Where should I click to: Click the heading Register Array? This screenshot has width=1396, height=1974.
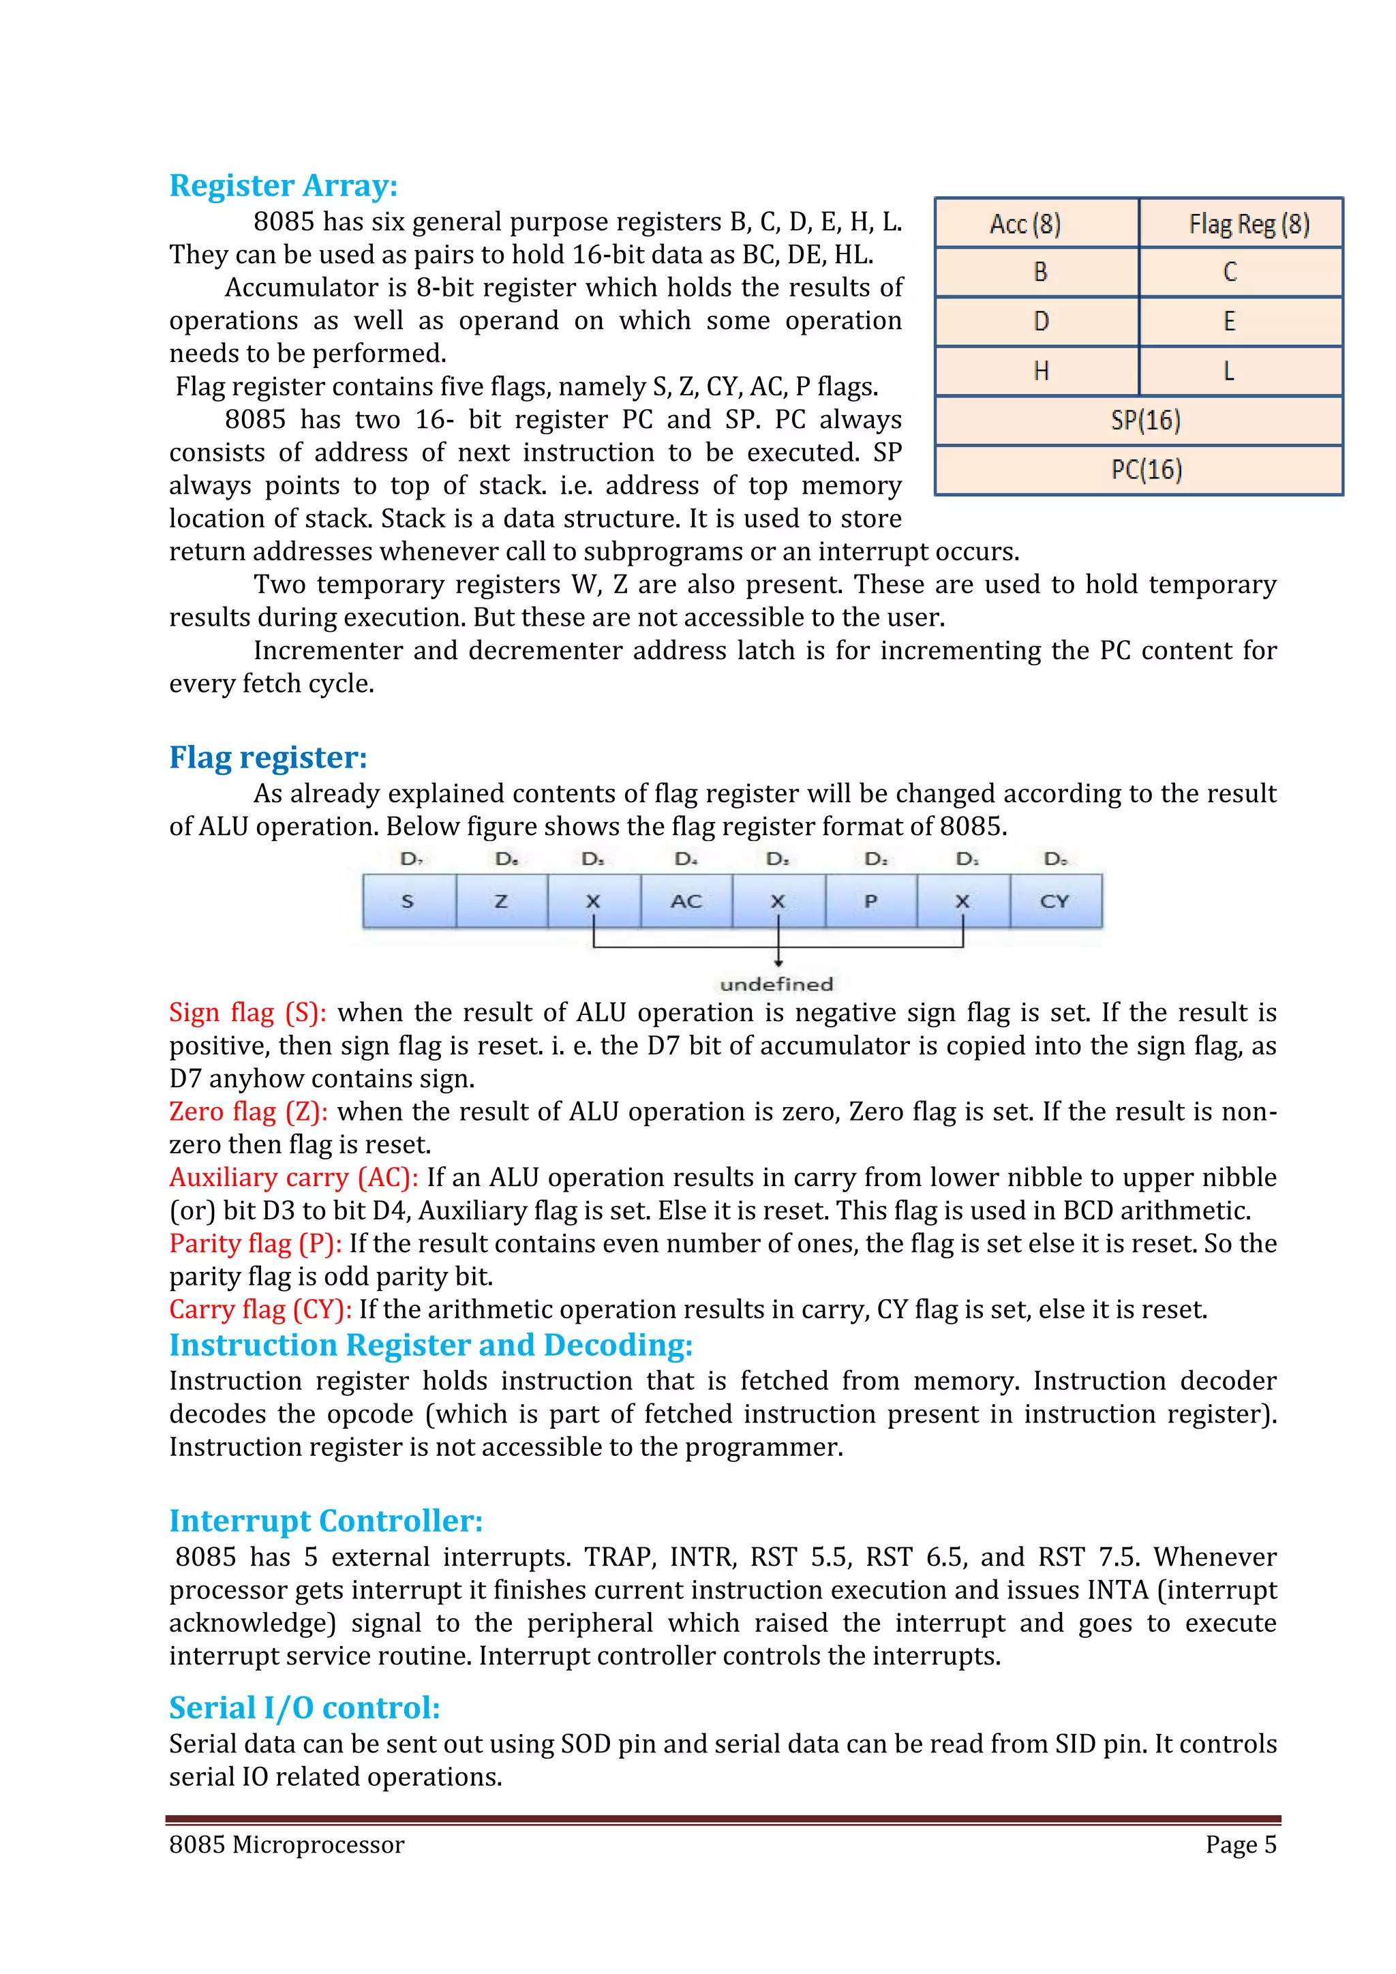tap(283, 185)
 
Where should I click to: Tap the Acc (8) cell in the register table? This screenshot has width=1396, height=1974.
tap(1036, 224)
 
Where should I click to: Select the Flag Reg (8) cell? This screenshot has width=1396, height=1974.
tap(1241, 224)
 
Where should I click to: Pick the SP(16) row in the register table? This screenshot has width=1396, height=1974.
tap(1138, 421)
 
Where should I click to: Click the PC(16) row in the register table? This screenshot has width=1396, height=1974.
tap(1138, 470)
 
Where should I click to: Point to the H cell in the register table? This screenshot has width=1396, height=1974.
tap(1036, 371)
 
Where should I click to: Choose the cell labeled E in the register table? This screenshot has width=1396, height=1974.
tap(1241, 322)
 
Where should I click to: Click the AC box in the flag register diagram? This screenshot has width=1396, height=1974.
tap(686, 901)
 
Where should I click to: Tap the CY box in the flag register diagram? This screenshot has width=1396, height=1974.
tap(1054, 901)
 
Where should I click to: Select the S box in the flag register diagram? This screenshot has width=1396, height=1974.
tap(408, 901)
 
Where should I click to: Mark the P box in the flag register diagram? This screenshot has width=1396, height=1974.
tap(870, 901)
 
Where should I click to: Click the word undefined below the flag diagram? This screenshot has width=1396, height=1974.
tap(776, 984)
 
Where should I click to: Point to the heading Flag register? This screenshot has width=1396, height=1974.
tap(267, 757)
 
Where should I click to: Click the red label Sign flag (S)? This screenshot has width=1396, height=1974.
tap(247, 1013)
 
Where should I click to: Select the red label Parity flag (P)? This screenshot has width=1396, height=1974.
tap(256, 1243)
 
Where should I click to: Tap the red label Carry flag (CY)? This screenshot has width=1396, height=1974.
tap(260, 1309)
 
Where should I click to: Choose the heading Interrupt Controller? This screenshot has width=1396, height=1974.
tap(325, 1521)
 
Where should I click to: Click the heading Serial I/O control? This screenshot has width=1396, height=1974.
tap(304, 1707)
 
